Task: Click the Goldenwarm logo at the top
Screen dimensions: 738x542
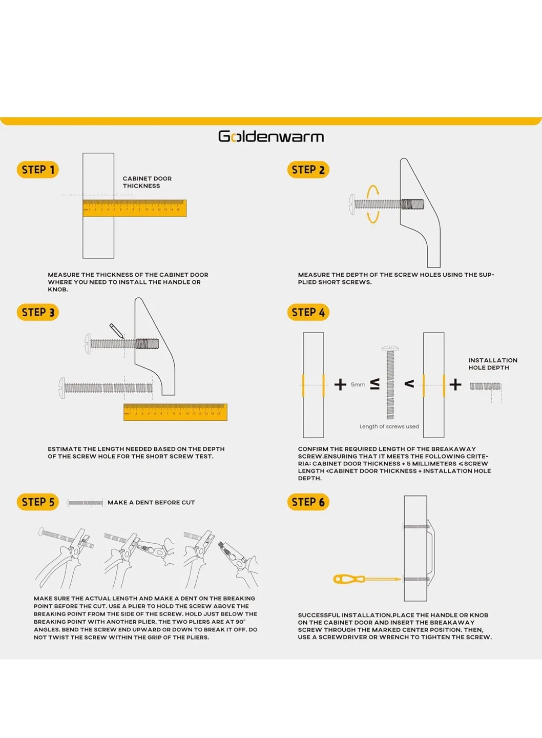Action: (270, 137)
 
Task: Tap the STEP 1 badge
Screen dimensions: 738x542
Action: (38, 170)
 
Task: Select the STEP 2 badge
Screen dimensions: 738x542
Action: (308, 170)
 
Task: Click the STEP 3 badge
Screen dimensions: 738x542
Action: (38, 312)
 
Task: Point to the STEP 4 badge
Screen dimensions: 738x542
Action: (308, 312)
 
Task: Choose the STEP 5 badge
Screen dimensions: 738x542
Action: (38, 502)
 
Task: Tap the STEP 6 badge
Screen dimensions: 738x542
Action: (308, 502)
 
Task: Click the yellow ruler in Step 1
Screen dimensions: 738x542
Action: (135, 208)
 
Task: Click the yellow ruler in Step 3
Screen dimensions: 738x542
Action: (175, 412)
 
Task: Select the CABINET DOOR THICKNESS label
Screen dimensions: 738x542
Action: (147, 182)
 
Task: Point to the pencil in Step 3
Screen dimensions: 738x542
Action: (116, 331)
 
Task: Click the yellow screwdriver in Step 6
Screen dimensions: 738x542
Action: (366, 579)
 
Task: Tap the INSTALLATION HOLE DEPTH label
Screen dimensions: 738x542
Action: (492, 364)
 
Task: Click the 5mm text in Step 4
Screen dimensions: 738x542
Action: (358, 384)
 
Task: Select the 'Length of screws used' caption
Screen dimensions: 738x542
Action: (389, 426)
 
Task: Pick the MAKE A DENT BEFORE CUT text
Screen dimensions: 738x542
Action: (151, 502)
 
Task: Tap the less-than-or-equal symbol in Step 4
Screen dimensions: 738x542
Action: (374, 384)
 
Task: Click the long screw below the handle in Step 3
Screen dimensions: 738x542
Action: (107, 388)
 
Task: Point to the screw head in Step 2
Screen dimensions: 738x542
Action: (352, 204)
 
